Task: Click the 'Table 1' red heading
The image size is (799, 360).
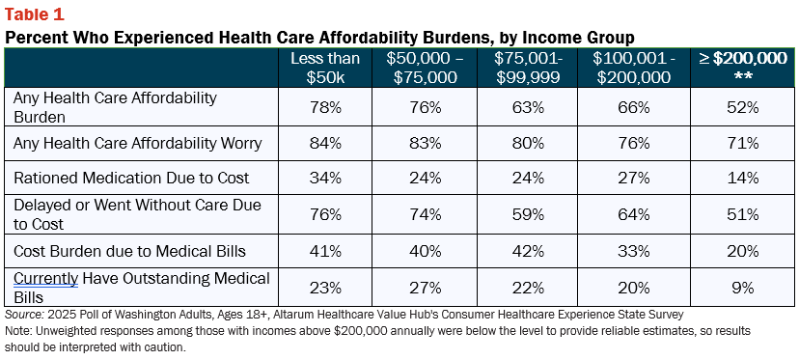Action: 35,14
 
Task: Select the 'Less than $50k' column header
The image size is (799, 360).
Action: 325,68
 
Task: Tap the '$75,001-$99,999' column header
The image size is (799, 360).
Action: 529,68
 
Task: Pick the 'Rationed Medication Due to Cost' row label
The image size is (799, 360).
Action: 131,178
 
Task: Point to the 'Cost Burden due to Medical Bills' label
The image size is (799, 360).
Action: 130,251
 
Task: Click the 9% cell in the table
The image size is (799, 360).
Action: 742,289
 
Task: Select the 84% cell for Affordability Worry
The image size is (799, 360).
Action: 325,144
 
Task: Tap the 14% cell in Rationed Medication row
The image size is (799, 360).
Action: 742,178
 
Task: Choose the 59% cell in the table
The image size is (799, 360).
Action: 529,214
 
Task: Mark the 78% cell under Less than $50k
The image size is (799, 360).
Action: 325,107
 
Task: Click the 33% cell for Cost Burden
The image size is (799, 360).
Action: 634,251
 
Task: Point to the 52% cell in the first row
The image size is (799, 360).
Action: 742,107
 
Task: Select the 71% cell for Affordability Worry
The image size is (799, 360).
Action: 742,144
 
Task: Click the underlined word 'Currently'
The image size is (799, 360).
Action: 46,280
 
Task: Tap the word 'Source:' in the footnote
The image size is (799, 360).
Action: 19,314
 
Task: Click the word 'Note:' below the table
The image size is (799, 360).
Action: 15,331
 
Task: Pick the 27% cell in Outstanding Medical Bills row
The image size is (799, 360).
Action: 425,289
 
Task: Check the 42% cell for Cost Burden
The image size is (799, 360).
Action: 529,251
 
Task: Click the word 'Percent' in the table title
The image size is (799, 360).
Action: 33,38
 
